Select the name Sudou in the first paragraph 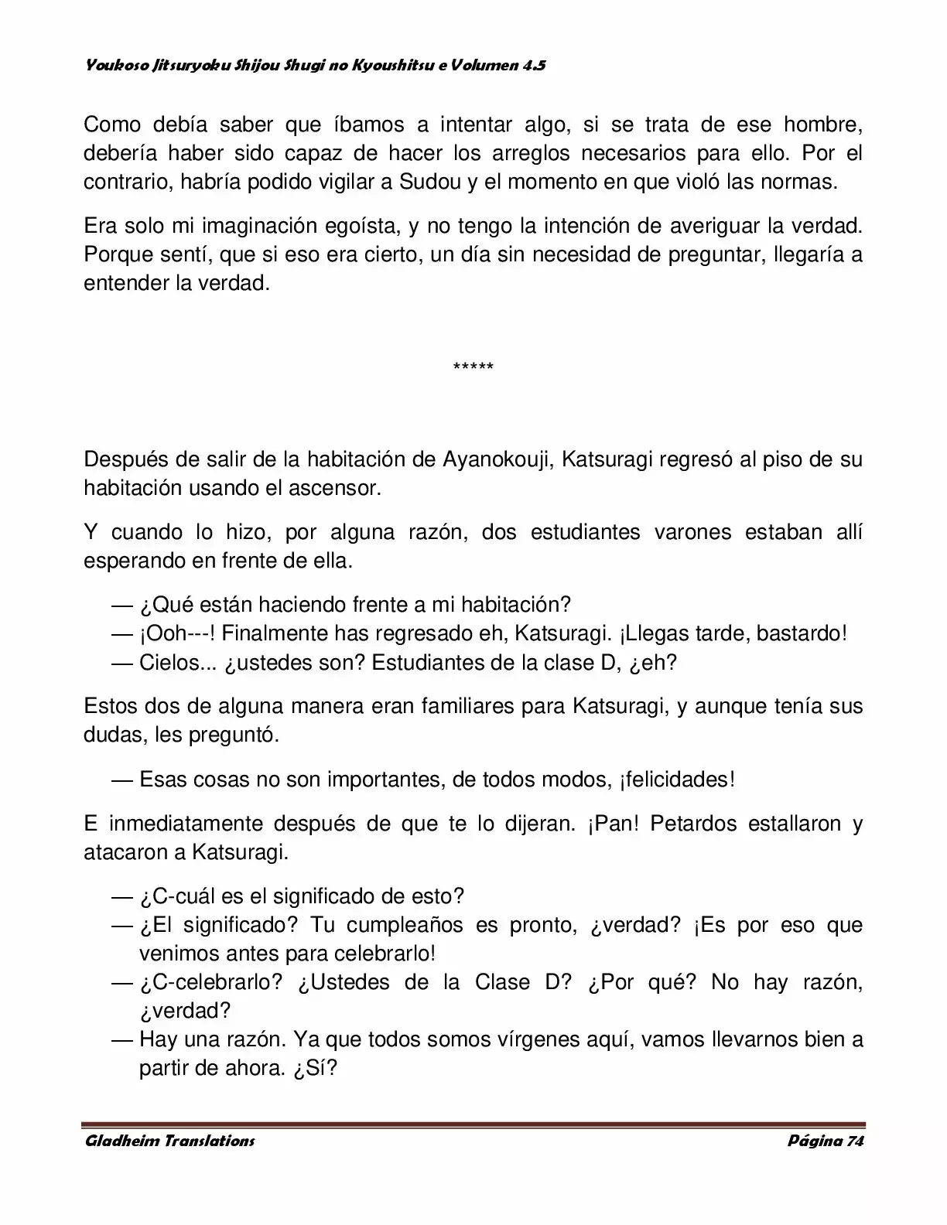425,183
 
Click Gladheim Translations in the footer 169,1141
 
